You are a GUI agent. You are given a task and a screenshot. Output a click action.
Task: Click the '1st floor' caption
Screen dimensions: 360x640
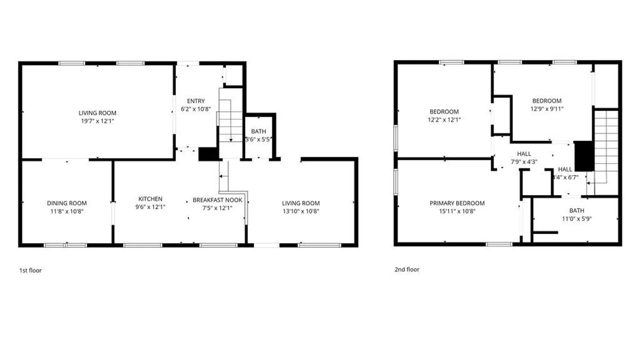[x=30, y=270]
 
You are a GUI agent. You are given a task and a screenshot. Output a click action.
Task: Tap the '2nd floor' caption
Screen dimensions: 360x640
[x=407, y=269]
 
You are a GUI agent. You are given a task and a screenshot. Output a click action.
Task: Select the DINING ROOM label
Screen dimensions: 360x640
[x=67, y=203]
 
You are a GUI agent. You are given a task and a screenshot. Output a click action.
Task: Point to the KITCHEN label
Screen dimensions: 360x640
[x=150, y=199]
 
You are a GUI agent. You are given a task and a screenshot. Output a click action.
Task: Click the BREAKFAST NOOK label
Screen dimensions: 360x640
[x=217, y=200]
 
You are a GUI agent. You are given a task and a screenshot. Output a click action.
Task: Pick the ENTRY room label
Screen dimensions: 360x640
[x=196, y=101]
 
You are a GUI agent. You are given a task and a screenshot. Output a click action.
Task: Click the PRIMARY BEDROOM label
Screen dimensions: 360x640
[x=457, y=203]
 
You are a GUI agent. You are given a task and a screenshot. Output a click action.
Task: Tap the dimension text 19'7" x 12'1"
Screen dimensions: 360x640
[x=97, y=121]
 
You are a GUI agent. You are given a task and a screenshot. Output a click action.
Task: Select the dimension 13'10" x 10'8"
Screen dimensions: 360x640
[x=301, y=211]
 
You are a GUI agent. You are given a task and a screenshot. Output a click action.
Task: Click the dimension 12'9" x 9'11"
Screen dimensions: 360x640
[x=547, y=109]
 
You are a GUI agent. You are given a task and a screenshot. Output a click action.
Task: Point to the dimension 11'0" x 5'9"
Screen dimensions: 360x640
[x=577, y=219]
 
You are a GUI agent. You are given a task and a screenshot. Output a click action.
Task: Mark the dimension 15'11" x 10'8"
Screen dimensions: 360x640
[x=457, y=211]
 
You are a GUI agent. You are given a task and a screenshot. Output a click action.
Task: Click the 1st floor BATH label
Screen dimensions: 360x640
[x=258, y=131]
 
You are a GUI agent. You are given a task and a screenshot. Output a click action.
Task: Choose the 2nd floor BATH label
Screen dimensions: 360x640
[x=577, y=210]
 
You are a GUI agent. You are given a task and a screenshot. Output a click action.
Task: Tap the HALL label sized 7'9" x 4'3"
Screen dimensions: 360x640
[x=524, y=154]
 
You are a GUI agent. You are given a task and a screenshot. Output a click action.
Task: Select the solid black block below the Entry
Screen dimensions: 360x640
[x=208, y=154]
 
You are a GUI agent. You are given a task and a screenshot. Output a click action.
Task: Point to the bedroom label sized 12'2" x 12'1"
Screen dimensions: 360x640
[x=444, y=111]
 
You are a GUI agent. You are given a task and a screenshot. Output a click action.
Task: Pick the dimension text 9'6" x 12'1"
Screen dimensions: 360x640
[x=150, y=207]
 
